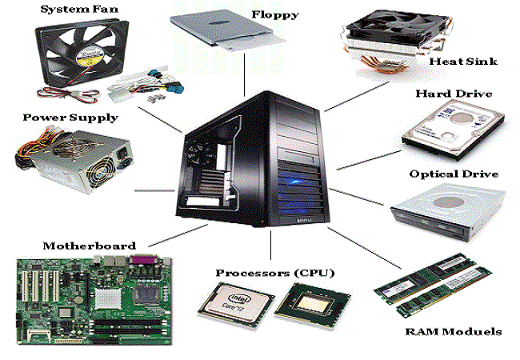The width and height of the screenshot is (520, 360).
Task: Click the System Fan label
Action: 79,10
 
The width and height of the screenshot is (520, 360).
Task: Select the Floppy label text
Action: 275,15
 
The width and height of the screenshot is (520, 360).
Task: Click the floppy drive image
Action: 227,30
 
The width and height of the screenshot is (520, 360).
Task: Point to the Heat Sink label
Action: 463,62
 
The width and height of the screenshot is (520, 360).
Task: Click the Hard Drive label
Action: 454,94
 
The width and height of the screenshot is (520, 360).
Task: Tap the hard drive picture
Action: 454,130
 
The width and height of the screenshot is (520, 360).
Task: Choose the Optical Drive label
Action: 454,174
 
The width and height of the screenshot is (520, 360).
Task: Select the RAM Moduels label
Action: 454,331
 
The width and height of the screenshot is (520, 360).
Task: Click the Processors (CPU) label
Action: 275,273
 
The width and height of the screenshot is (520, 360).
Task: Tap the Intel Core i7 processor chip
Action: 236,304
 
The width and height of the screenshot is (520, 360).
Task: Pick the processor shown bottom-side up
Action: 313,306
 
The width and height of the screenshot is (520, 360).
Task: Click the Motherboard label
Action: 90,246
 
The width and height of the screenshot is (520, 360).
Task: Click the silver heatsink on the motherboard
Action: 107,298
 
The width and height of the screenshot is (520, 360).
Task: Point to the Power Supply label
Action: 70,118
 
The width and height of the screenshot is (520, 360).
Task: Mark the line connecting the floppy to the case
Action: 245,74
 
